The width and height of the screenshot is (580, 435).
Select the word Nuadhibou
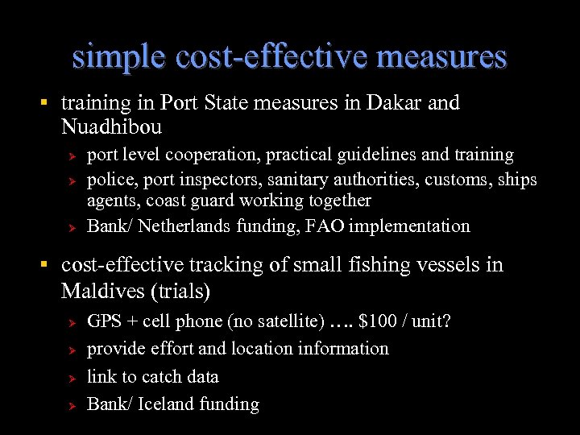click(x=111, y=127)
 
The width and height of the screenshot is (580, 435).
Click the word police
click(x=110, y=179)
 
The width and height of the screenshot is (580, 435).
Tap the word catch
click(x=160, y=377)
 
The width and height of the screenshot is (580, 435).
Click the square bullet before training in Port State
click(x=46, y=103)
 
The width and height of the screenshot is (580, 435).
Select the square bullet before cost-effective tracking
click(x=46, y=265)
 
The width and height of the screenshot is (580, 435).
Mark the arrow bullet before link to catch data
click(x=71, y=378)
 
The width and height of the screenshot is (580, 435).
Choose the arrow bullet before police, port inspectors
click(x=71, y=180)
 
